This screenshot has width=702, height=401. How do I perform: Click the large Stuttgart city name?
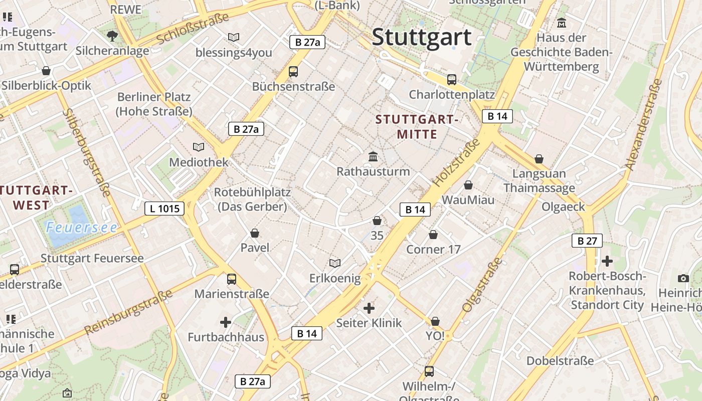pos(422,37)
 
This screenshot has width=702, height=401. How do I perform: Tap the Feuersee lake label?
pos(82,228)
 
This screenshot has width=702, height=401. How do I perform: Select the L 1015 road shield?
pos(164,209)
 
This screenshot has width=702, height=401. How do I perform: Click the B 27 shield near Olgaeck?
pos(587,241)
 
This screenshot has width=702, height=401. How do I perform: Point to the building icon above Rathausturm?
pos(373,157)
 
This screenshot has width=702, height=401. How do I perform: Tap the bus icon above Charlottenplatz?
pos(452,79)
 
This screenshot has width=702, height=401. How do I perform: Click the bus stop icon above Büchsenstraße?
pos(293,72)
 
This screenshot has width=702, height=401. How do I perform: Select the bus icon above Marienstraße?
pos(232,279)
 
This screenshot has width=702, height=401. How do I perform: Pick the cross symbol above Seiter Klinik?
pos(369,308)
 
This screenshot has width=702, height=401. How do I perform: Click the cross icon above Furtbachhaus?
pos(226,322)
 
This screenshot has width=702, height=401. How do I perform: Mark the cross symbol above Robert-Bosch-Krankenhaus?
pos(607,261)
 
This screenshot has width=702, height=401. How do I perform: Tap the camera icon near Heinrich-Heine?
pos(683,278)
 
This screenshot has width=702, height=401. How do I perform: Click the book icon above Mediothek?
pos(199,147)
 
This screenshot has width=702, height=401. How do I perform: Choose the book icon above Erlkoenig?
pos(335,263)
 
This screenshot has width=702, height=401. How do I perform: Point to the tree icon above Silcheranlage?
pos(112,36)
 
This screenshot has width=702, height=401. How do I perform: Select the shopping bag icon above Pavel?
pos(255,233)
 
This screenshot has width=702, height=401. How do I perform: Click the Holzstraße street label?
pos(456,162)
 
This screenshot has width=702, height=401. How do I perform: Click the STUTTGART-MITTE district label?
pos(417,127)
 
